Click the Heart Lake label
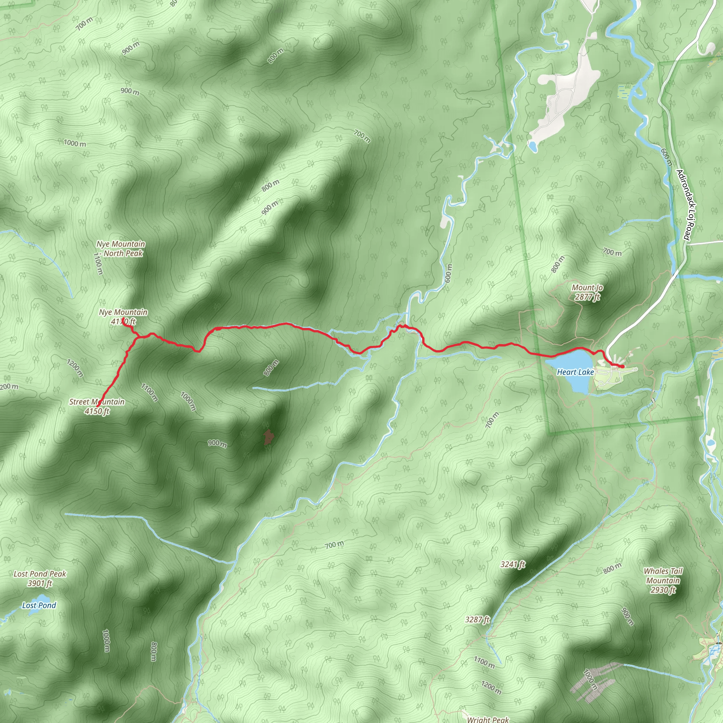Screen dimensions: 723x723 (x=575, y=372)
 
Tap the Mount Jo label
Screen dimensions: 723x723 (x=587, y=287)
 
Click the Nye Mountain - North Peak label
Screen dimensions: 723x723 (x=121, y=249)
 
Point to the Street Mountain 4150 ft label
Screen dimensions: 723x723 (x=97, y=406)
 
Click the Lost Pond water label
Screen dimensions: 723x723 (x=39, y=605)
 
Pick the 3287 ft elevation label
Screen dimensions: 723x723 (x=477, y=619)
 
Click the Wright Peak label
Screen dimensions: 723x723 (x=488, y=719)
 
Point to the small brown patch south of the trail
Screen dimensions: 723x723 (x=268, y=437)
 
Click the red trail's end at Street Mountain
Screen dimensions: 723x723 (x=97, y=406)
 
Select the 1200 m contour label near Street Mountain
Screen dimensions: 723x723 (x=75, y=368)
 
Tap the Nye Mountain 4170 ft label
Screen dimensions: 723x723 (x=123, y=316)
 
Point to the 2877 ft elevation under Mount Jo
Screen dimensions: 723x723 (x=587, y=297)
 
